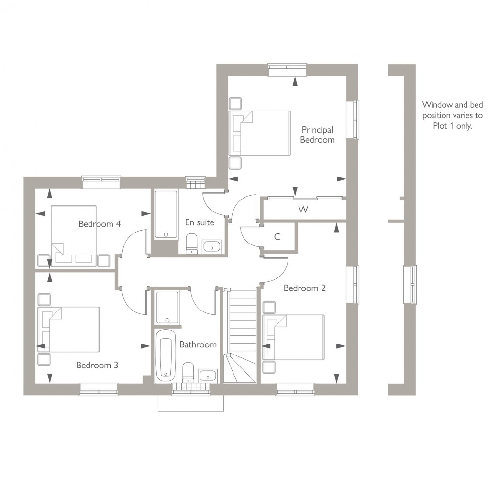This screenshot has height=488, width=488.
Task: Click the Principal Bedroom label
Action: (317, 134)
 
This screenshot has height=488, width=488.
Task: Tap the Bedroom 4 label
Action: (100, 223)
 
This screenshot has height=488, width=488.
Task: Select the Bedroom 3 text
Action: (97, 365)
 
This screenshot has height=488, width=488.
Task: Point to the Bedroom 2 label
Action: (304, 288)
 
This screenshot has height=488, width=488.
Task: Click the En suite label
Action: (200, 222)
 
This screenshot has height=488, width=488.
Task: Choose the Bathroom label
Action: (198, 344)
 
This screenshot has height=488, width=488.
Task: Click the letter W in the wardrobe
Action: (302, 210)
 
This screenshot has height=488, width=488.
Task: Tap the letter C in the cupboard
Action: (277, 236)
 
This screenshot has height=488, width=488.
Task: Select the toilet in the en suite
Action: (191, 243)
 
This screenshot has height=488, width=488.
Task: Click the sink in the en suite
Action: (211, 246)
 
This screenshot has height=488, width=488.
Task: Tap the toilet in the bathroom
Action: (188, 372)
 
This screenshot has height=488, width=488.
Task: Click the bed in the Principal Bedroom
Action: (261, 133)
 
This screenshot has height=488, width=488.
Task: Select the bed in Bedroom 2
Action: (294, 337)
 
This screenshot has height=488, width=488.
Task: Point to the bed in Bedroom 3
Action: (69, 329)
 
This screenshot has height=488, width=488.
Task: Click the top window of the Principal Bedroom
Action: (287, 70)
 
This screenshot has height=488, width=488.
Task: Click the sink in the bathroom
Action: (208, 375)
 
